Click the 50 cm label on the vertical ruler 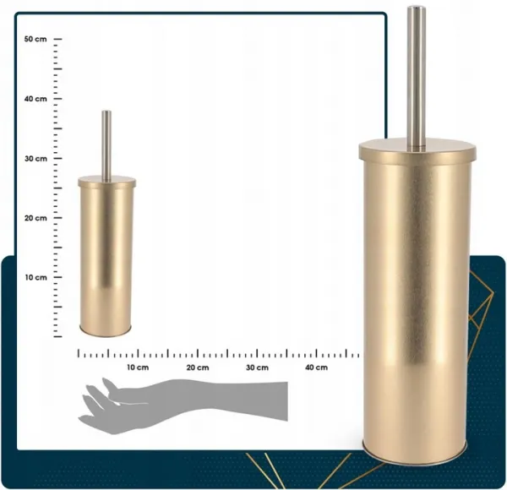coord(35,39)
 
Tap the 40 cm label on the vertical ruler coord(35,99)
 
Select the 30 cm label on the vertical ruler coord(35,159)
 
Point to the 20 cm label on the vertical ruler coord(35,218)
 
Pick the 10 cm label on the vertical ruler coord(35,278)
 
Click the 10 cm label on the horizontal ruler coord(138,367)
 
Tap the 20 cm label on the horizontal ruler coord(198,367)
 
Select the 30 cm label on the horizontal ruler coord(257,367)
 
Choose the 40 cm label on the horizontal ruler coord(317,367)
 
